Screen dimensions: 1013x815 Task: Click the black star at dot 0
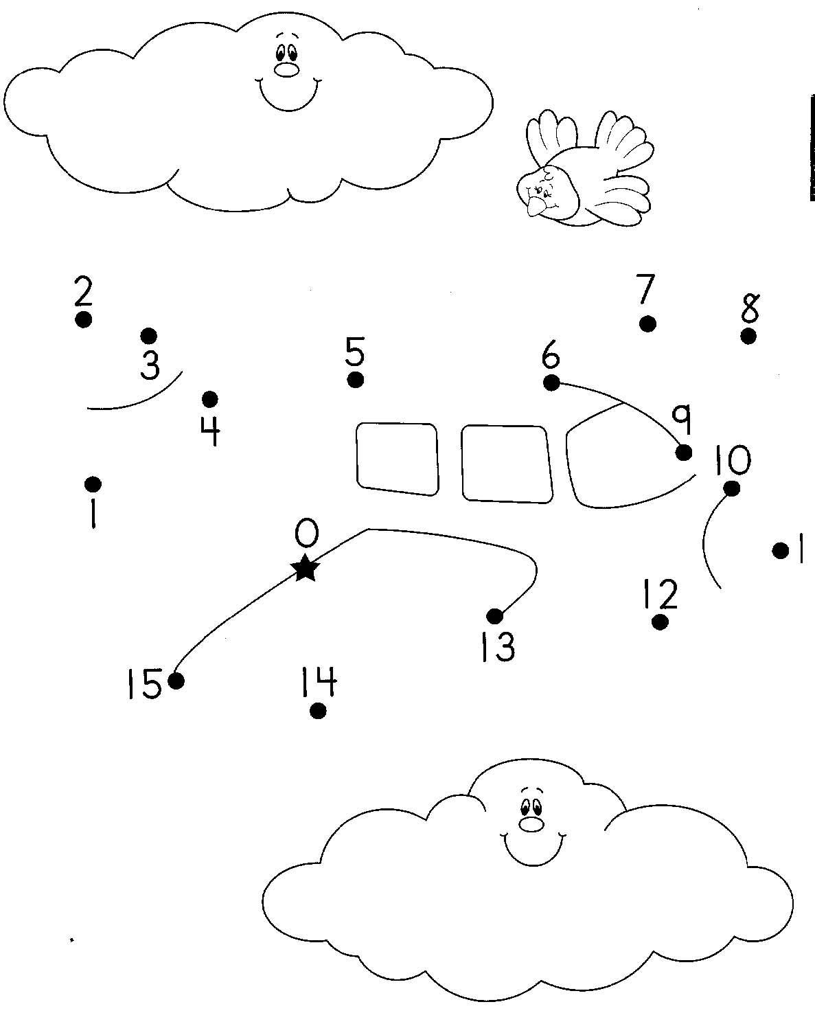[306, 569]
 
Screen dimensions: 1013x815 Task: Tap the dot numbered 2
[84, 319]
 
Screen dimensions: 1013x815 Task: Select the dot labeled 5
[356, 379]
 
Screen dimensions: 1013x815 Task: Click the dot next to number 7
[647, 323]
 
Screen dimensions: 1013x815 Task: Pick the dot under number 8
[748, 337]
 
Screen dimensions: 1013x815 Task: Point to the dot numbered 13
[494, 615]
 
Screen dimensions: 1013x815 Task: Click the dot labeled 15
[176, 681]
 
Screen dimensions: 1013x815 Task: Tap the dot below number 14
[318, 711]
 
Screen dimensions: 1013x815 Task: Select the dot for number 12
[660, 622]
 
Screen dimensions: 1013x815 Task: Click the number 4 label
[210, 431]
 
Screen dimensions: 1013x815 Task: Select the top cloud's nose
[286, 70]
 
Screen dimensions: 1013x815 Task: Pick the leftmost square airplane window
[397, 458]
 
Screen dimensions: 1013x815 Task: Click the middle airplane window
[507, 463]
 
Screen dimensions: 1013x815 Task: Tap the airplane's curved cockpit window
[611, 467]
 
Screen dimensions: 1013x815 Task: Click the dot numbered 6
[551, 383]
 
